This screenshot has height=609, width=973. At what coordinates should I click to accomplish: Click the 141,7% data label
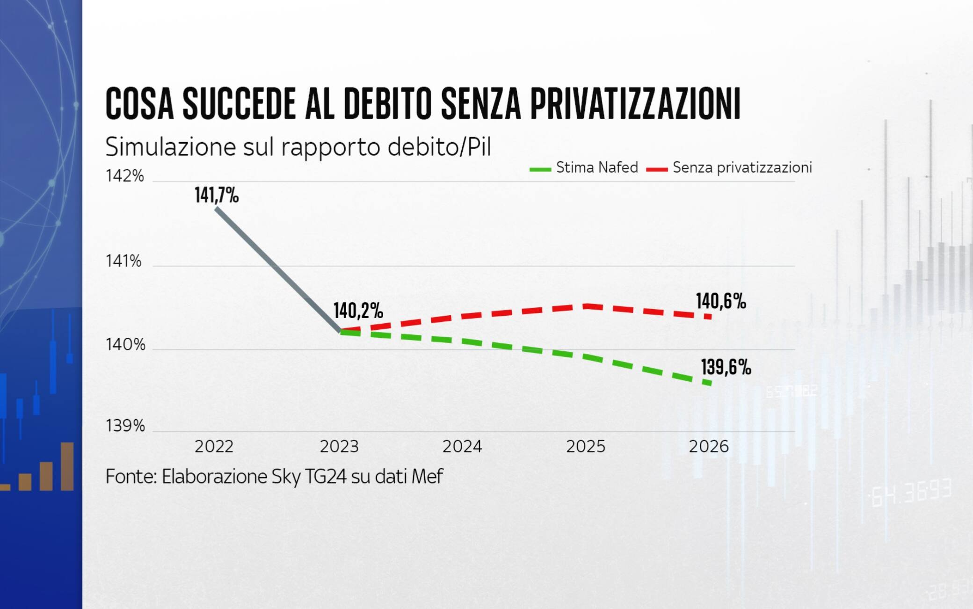coord(217,195)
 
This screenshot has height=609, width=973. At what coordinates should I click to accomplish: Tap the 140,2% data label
coord(358,311)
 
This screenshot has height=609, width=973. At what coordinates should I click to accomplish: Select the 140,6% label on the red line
coord(720,301)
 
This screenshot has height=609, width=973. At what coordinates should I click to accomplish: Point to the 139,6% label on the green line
coord(726,367)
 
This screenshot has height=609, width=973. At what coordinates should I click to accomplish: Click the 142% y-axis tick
coord(124,176)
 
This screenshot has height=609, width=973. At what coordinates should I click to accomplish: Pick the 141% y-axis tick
coord(123,261)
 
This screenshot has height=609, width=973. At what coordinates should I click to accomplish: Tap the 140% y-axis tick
coord(125,345)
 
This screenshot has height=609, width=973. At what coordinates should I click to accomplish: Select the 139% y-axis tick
coord(125,426)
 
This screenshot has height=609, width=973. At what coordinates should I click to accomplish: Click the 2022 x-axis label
coord(214,446)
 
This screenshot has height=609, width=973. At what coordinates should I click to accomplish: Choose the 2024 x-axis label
coord(462,446)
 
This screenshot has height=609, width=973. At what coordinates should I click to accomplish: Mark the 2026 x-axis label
coord(708,446)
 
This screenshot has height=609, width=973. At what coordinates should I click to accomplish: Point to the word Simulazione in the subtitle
coord(170,147)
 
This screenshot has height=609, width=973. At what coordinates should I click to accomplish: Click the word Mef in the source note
coord(427,477)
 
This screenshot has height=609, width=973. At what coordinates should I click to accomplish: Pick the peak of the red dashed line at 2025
coord(586,306)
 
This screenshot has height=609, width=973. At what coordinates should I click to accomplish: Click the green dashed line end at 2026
coord(710,383)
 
